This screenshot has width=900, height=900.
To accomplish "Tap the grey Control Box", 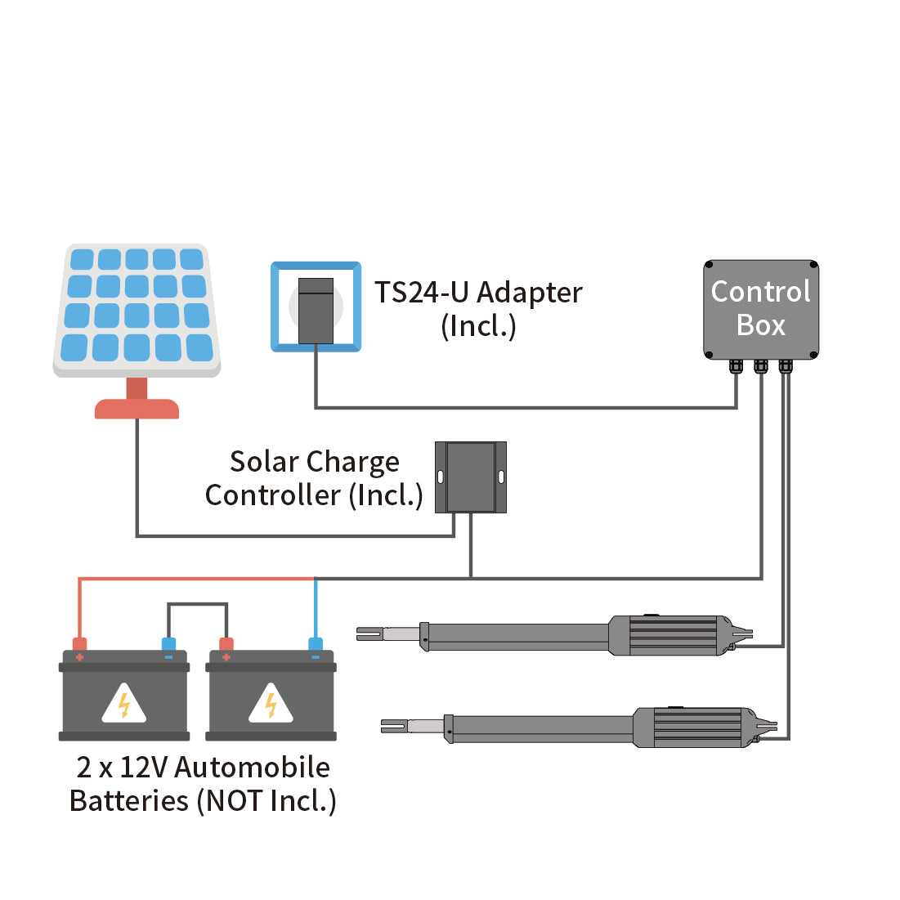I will coord(760,309).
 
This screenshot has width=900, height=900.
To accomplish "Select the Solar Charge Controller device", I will coord(470,477).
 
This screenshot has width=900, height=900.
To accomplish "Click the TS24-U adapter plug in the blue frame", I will coord(316,310).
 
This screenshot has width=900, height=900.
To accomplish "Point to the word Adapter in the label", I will coord(530,293).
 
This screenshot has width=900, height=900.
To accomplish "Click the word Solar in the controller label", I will coord(263,462).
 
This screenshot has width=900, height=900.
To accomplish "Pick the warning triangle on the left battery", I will coord(124,705).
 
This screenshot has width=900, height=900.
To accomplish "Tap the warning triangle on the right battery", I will coord(271,705).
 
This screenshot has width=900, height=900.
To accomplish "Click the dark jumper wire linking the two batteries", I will coord(197,605).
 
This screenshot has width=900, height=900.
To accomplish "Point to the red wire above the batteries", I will coord(196,579).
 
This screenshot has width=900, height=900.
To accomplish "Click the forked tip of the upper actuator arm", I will coord(369,633).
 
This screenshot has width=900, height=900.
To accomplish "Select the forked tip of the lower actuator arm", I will coord(393,725).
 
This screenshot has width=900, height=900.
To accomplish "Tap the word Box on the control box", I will coord(760,325).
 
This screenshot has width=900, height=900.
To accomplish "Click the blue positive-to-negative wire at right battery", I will coord(316,609).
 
